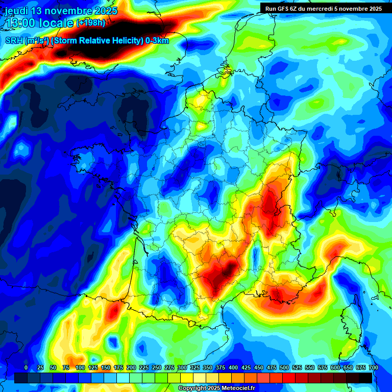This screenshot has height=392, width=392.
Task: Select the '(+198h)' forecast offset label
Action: coord(90,23)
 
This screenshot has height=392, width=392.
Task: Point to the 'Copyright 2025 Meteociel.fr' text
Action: coord(216,388)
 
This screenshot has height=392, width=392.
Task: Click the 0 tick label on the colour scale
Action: coord(26,367)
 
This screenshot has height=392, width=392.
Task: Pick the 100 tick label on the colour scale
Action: coord(80,367)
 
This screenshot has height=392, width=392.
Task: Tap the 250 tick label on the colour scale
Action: coord(157,367)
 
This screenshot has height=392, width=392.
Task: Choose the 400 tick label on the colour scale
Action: coord(233,367)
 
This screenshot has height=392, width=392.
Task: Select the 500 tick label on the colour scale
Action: coord(284,367)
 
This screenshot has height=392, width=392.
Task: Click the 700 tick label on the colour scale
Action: coord(374,367)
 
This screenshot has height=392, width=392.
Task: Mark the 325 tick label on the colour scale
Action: coord(195,367)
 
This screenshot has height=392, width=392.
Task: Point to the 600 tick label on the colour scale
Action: coord(335,367)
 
